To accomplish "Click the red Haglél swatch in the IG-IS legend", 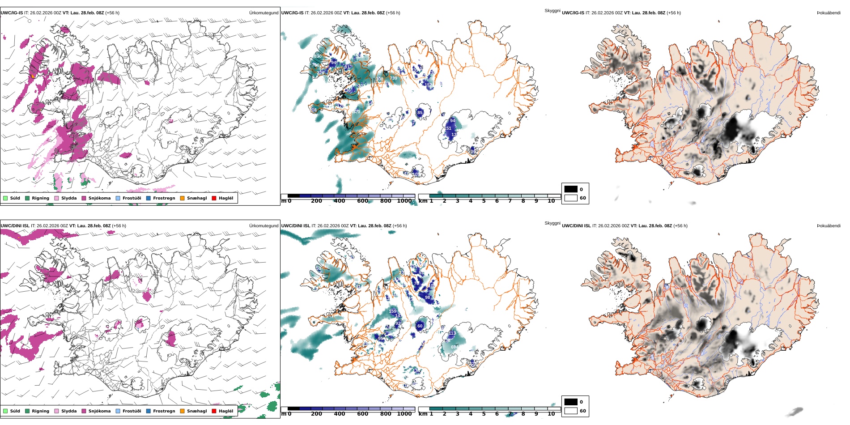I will coord(214,198).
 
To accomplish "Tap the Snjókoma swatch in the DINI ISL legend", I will coord(84,411).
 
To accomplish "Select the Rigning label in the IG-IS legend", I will coord(40,198).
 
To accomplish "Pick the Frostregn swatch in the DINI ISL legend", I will coord(148,411).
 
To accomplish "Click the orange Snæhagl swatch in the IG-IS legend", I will coord(182,198).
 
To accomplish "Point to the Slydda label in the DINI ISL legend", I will coord(69,411).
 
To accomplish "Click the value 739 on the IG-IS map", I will coord(393,78).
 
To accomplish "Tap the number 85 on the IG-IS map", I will coord(420,113).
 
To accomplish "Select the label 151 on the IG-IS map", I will coord(448,128).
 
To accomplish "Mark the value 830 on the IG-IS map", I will coord(318,56).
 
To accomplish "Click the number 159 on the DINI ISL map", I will coord(392,311).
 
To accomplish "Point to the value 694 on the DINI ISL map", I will coord(455,347).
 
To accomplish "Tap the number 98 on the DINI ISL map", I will coord(427,297).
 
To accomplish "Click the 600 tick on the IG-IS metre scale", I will coord(362,201).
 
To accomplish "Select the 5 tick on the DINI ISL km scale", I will coord(484,414).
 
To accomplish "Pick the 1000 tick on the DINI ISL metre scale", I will coord(404,414).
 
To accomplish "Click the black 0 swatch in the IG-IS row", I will coord(571,189).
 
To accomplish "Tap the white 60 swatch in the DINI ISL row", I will coord(571,411).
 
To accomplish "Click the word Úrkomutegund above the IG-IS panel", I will coord(263,13).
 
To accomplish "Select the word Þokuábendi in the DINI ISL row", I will coord(829,226).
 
